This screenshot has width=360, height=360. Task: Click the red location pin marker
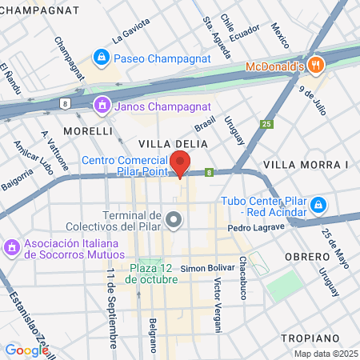(181, 162)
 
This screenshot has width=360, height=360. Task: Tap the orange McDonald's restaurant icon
(318, 66)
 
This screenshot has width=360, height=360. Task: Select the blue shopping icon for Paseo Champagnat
(101, 58)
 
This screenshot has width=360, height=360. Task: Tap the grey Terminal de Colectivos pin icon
(174, 218)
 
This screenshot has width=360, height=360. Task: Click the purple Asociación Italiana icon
(11, 247)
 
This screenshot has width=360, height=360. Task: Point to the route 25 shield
(266, 124)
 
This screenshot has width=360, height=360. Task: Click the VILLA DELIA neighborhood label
(173, 143)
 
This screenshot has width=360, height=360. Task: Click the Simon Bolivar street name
(206, 267)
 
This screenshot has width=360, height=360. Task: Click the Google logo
(26, 350)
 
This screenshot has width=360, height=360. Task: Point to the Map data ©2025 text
(324, 354)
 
